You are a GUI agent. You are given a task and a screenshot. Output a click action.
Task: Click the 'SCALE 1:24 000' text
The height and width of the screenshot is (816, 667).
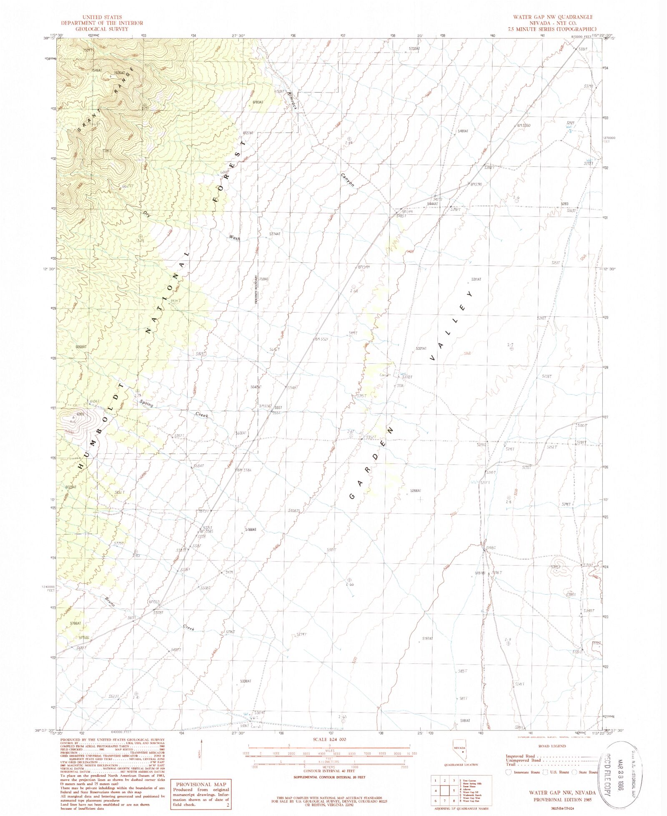(329, 739)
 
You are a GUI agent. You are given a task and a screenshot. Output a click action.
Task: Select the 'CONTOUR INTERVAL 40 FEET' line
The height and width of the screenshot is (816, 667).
(329, 771)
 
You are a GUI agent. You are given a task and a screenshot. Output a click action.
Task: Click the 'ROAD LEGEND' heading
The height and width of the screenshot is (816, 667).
(552, 746)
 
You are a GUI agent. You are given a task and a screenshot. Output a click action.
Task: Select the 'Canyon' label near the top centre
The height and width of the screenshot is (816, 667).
(348, 180)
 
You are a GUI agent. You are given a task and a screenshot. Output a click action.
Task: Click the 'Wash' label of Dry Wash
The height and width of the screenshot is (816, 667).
(234, 238)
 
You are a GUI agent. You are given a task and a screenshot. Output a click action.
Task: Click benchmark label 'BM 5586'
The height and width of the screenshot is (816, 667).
(244, 470)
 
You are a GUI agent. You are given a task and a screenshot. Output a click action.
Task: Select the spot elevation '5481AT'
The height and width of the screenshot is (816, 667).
(463, 131)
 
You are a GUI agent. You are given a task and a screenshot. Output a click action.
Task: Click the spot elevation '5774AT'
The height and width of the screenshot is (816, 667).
(274, 234)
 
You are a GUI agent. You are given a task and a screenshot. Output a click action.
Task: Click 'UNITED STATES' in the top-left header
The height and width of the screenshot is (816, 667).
(102, 17)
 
